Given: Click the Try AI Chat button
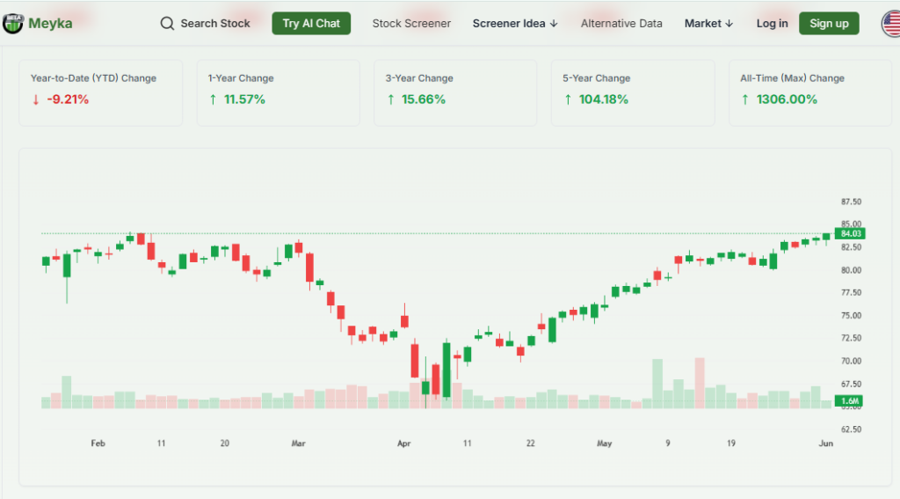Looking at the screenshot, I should click(311, 24).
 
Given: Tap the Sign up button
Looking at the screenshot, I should click(829, 24).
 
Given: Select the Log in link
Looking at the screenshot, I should click(772, 24).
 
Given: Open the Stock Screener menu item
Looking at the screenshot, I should click(411, 24).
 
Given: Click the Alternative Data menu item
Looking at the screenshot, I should click(621, 24).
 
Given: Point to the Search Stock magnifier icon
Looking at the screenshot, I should click(167, 24).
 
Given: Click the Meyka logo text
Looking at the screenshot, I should click(50, 24).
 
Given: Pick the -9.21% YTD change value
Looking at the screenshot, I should click(68, 99).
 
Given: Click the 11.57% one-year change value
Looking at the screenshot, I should click(244, 99).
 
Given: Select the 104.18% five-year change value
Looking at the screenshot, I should click(603, 99).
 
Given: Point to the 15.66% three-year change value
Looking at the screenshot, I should click(424, 99).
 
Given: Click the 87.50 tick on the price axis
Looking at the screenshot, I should click(851, 202).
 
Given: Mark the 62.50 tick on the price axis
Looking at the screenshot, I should click(851, 429).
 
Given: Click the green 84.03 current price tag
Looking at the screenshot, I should click(851, 234).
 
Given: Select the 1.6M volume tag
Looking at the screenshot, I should click(850, 401).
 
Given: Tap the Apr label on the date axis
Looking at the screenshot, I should click(403, 444).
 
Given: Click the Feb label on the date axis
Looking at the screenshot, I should click(98, 444).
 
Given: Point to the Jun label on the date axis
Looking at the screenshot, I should click(826, 444).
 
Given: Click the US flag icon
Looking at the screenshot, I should click(890, 24).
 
